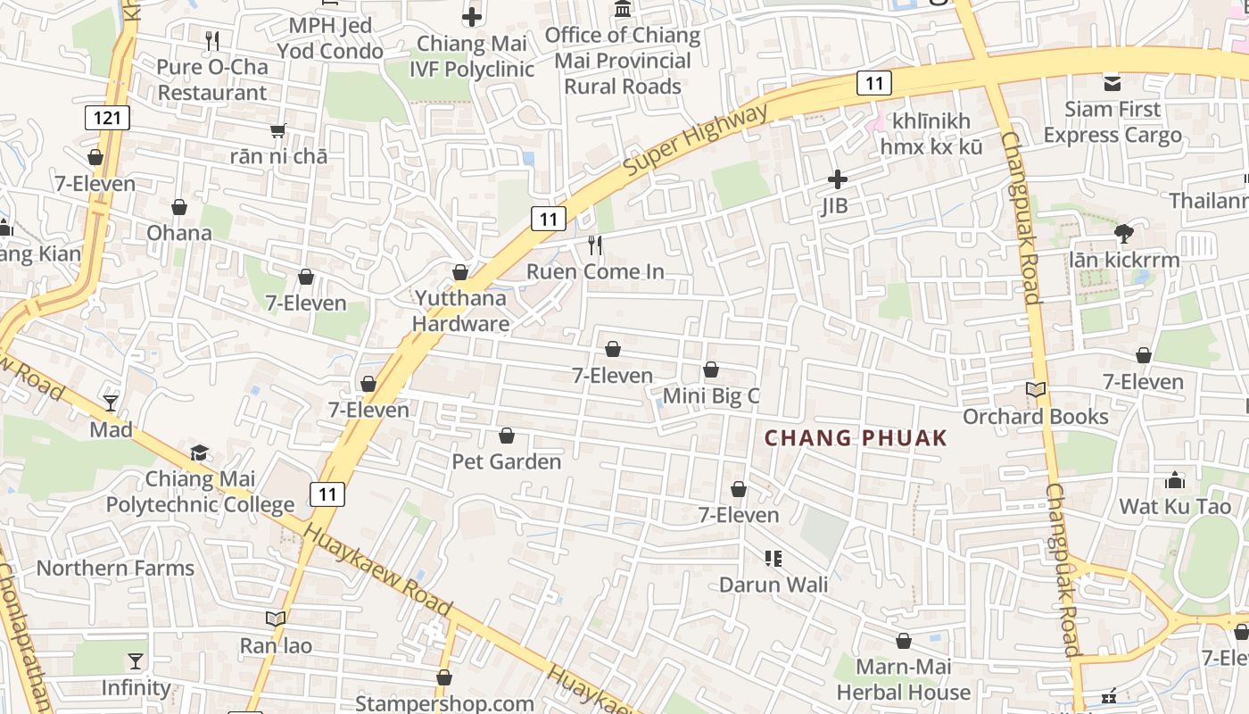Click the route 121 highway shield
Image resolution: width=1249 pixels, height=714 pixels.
coord(108,117)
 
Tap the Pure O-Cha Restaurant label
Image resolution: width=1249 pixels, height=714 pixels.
coord(211,79)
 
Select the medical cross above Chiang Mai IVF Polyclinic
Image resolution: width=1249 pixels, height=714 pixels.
coord(472,16)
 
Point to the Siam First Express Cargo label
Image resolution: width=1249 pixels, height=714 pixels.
coord(1113,122)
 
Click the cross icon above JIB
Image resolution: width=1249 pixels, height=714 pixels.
coord(837,179)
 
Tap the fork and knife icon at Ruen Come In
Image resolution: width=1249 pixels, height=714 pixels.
coord(595,245)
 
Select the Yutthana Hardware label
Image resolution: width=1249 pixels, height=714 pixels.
coord(460,311)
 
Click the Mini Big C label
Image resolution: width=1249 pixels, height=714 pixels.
coord(711,395)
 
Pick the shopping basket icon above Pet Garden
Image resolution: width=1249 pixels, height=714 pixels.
coord(507,436)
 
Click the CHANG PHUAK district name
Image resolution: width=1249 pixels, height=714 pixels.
coord(856,438)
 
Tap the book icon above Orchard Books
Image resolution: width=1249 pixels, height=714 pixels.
coord(1035,390)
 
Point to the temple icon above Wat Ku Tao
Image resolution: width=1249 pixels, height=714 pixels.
coord(1175,480)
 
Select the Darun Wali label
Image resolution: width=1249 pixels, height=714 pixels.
coord(773,585)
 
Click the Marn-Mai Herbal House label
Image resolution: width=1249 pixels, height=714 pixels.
coord(903,679)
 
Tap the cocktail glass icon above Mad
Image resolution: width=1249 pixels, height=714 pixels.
coord(111,403)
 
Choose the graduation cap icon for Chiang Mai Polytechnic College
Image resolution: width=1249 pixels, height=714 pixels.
coord(199,453)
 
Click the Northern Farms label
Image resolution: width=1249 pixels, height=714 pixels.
coord(115,569)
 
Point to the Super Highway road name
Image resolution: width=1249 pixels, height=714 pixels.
coord(695,140)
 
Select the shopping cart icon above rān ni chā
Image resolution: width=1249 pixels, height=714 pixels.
coord(278,130)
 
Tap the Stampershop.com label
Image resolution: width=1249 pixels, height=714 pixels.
coord(444,703)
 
